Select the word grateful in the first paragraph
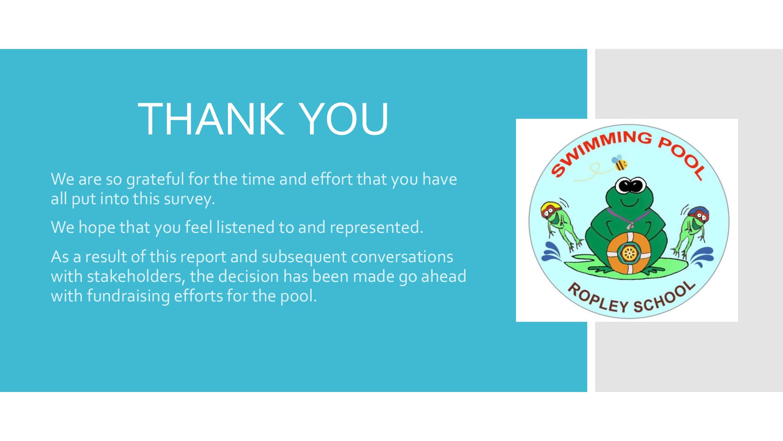point(155,180)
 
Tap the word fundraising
point(128,296)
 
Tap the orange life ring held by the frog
point(628,253)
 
